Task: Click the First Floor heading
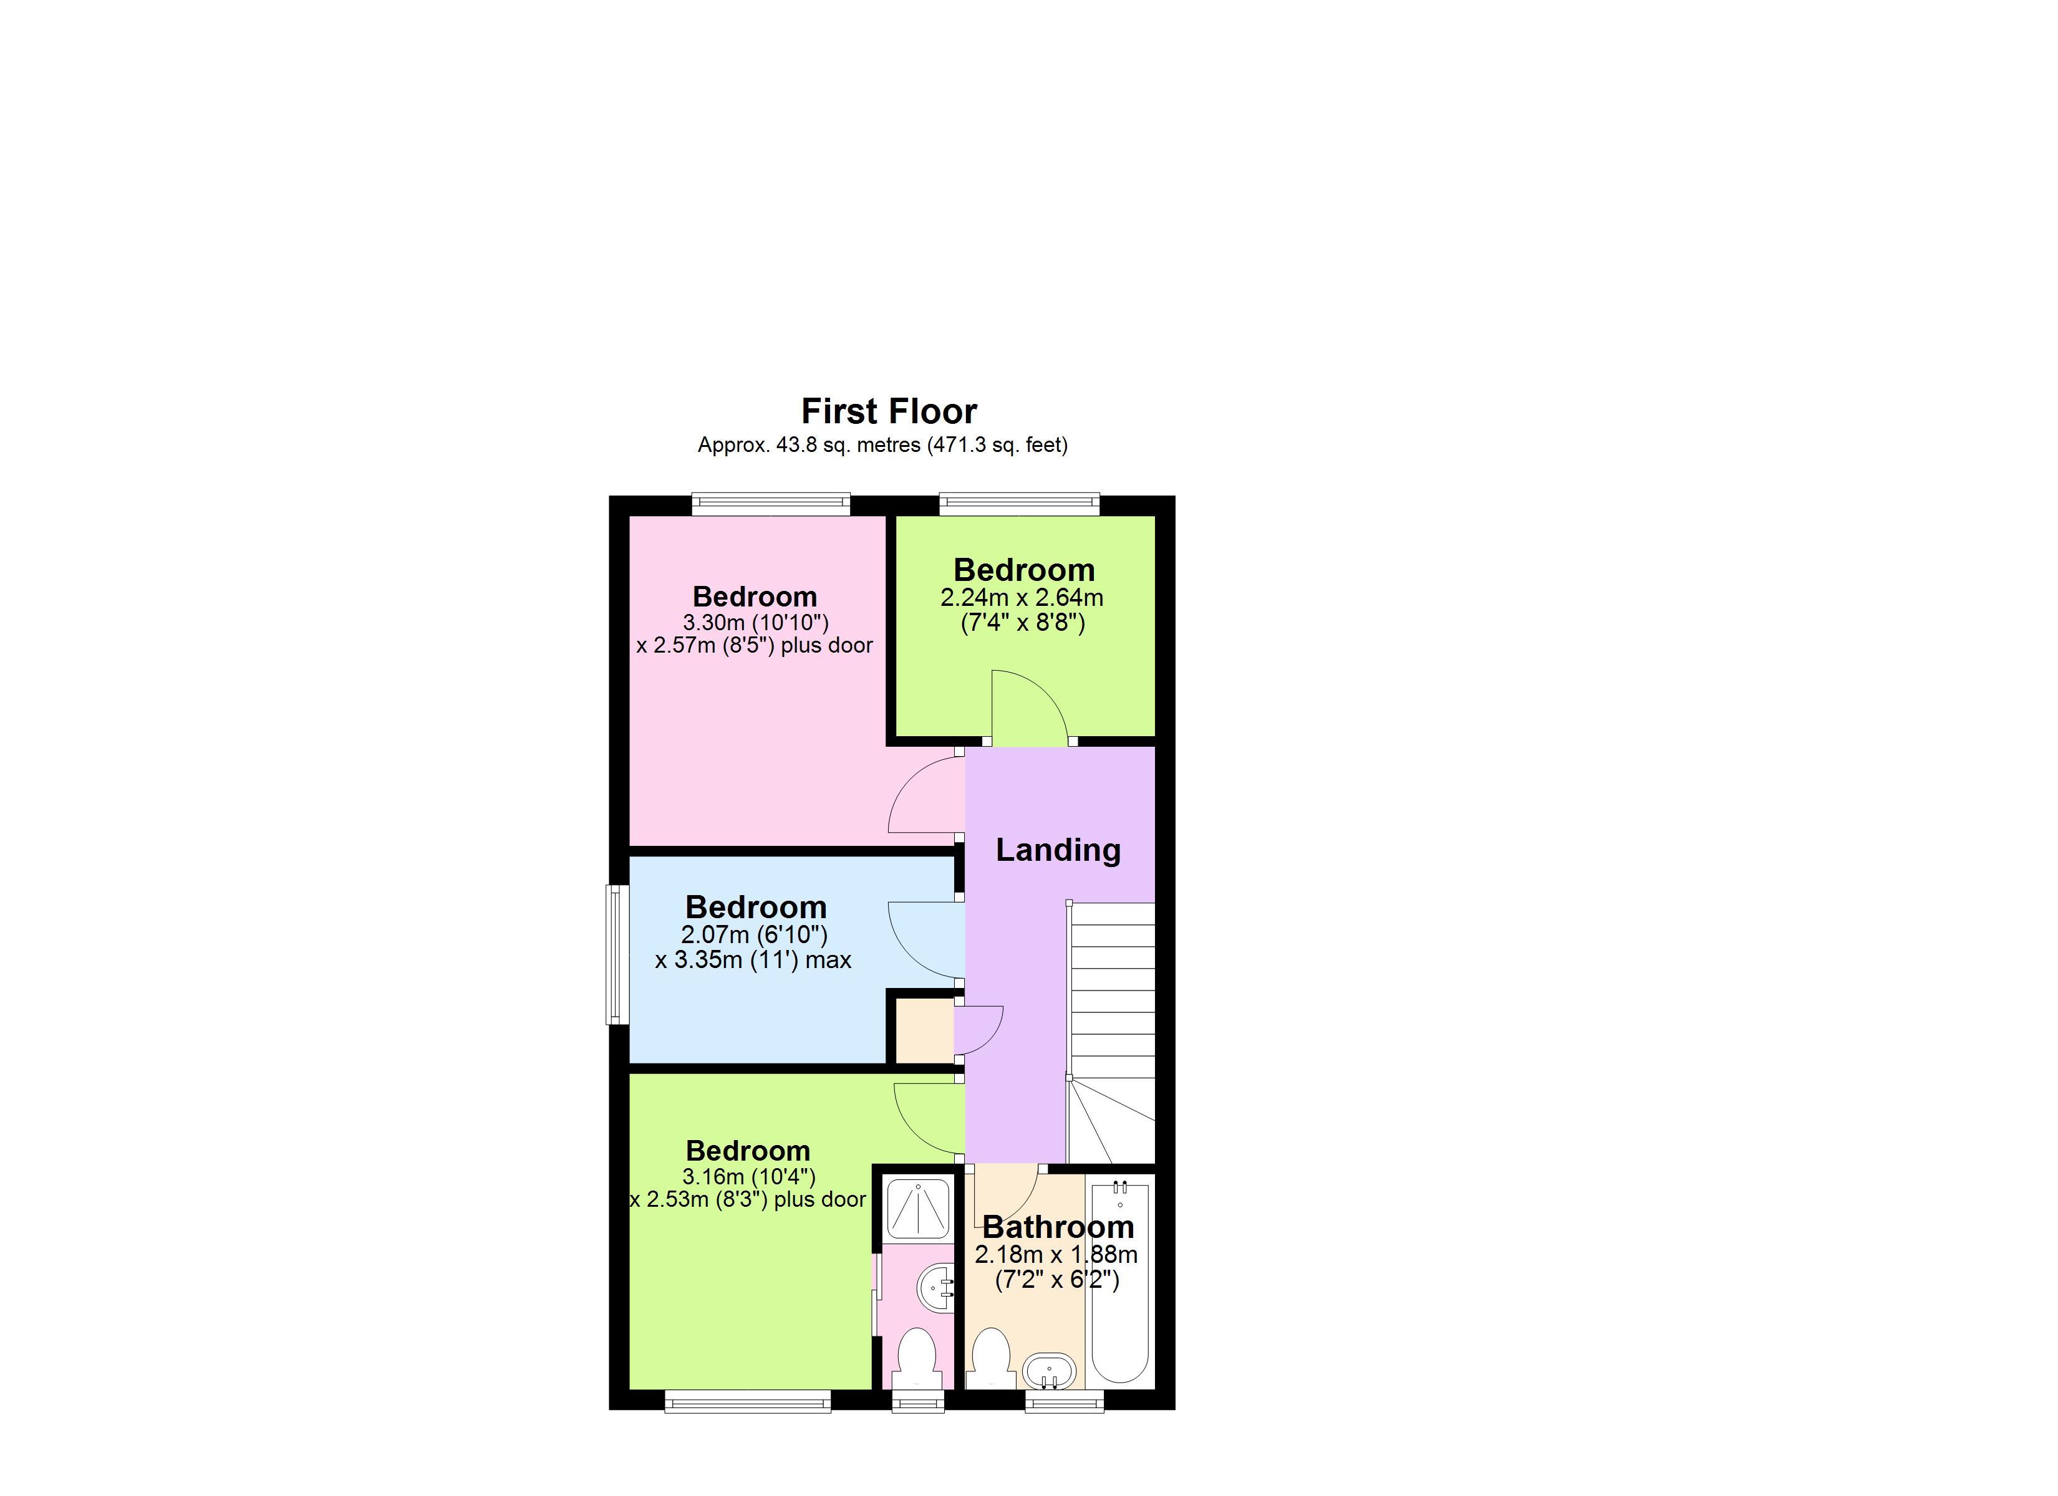(888, 412)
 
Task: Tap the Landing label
(1058, 850)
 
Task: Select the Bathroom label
(1058, 1227)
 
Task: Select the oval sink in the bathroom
(1049, 1370)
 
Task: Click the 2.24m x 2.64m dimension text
(1022, 598)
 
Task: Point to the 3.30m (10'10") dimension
(755, 622)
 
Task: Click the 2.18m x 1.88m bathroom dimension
(1055, 1255)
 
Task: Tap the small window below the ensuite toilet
(918, 1402)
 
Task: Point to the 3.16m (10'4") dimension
(748, 1177)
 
